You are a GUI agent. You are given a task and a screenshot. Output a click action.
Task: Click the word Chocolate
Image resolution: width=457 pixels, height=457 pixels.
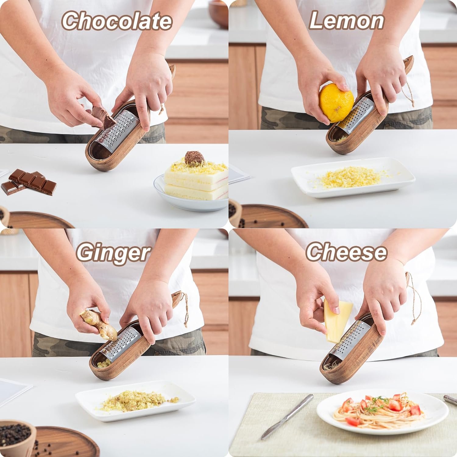pos(117,21)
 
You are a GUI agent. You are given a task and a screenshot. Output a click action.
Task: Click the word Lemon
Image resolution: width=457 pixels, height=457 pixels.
pos(346,21)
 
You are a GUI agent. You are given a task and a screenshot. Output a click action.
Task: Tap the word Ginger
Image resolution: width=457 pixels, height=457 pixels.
pos(113,253)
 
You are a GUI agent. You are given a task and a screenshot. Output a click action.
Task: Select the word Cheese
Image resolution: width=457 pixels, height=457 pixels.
pos(346,253)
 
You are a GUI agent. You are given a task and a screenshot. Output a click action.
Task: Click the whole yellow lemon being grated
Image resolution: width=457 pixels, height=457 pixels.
pos(336,103)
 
